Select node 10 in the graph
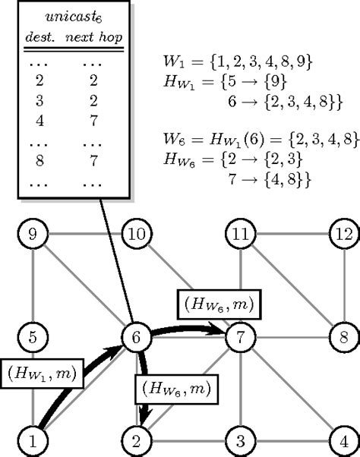pos(137,235)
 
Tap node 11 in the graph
pos(241,235)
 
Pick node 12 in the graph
pos(343,235)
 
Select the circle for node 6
pos(137,336)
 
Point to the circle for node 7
pos(241,336)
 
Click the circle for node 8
pos(343,336)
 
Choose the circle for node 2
pos(137,439)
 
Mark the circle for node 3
pos(241,439)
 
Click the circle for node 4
pos(343,439)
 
